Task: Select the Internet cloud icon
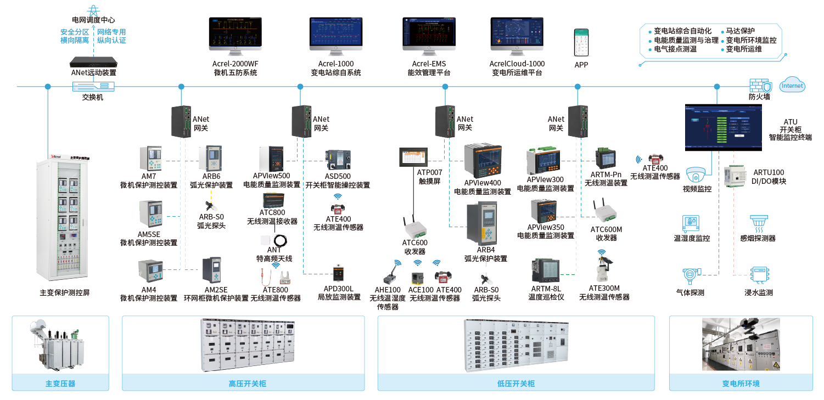[792, 86]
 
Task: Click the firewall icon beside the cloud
[760, 86]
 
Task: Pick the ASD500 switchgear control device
[337, 160]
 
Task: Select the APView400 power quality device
[483, 161]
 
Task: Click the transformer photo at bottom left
[60, 345]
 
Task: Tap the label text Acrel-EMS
[429, 64]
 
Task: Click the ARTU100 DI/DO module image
[735, 176]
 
